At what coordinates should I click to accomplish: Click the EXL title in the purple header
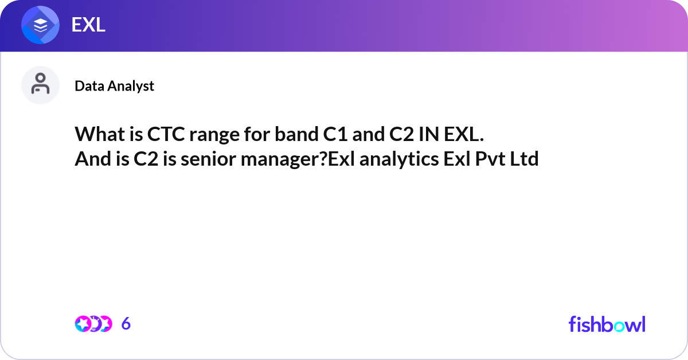[x=88, y=25]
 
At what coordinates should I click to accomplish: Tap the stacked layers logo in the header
[x=41, y=25]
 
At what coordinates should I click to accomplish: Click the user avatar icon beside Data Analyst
[x=40, y=85]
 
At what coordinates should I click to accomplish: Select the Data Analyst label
[x=114, y=86]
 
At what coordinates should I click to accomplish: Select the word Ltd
[x=525, y=159]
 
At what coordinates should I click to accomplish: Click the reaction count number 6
[x=126, y=324]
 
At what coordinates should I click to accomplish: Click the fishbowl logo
[x=607, y=324]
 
